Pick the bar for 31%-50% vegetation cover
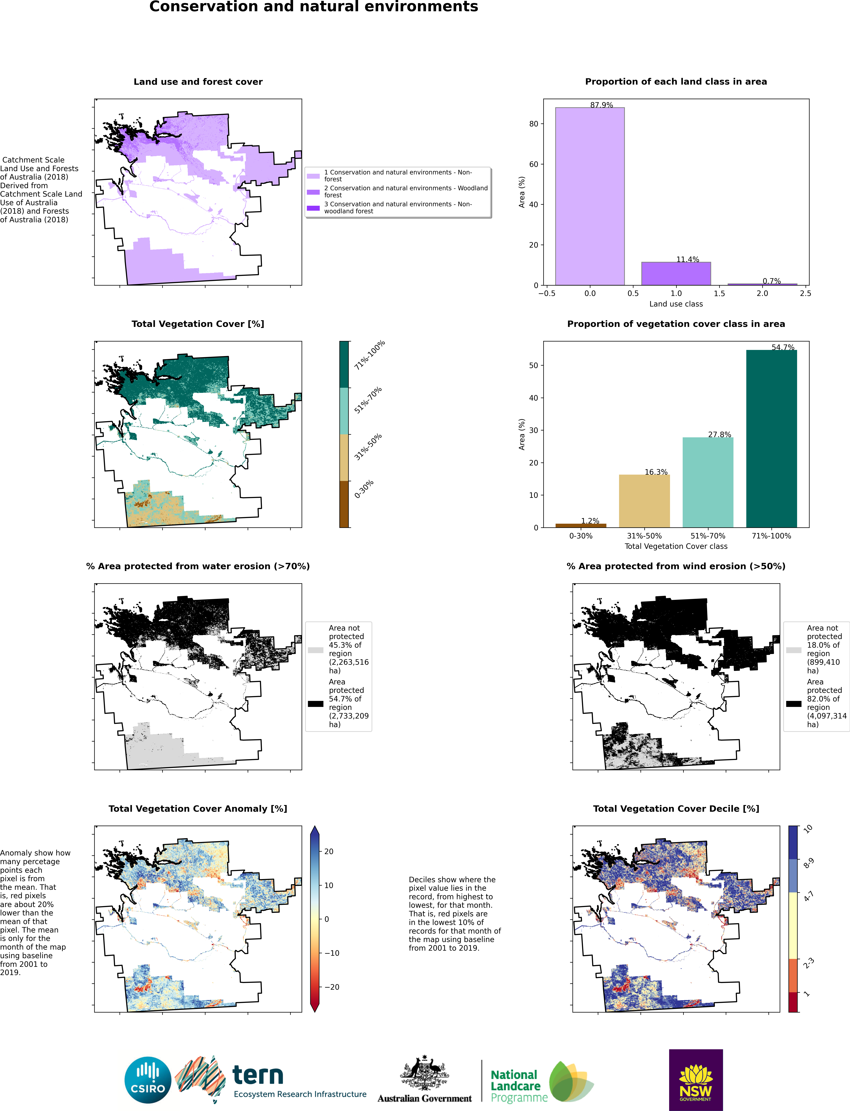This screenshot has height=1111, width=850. (x=644, y=501)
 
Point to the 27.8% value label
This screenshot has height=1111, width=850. (x=719, y=434)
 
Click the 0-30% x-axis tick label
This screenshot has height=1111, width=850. (x=581, y=535)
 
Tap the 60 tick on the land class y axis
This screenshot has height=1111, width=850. (x=533, y=164)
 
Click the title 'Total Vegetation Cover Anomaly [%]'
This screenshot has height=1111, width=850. (x=198, y=808)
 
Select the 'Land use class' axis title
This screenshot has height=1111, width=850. (x=676, y=304)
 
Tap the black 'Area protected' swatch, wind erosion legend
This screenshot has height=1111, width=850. (x=793, y=704)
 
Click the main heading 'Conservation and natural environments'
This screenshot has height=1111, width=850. (x=314, y=7)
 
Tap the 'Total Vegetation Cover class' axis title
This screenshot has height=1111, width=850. (x=676, y=546)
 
